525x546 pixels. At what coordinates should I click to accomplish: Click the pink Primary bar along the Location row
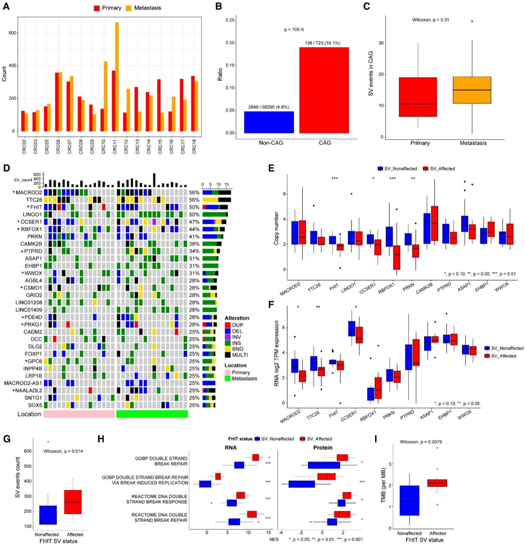tap(80, 414)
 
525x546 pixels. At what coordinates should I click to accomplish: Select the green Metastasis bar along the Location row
tap(152, 414)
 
